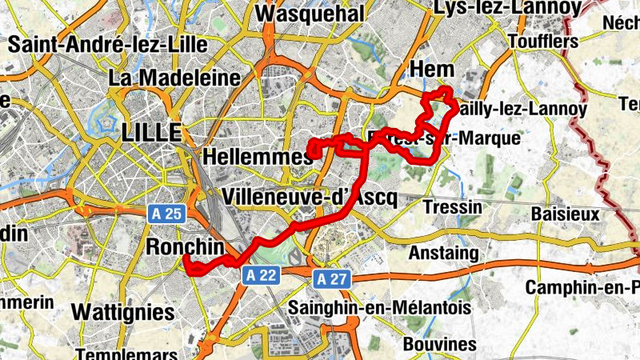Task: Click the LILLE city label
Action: [x=152, y=133]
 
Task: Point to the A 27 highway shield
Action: [x=330, y=278]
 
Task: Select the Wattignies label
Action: [x=122, y=311]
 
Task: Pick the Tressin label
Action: [x=456, y=207]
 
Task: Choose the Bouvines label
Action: [x=440, y=343]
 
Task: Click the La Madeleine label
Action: [x=174, y=78]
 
